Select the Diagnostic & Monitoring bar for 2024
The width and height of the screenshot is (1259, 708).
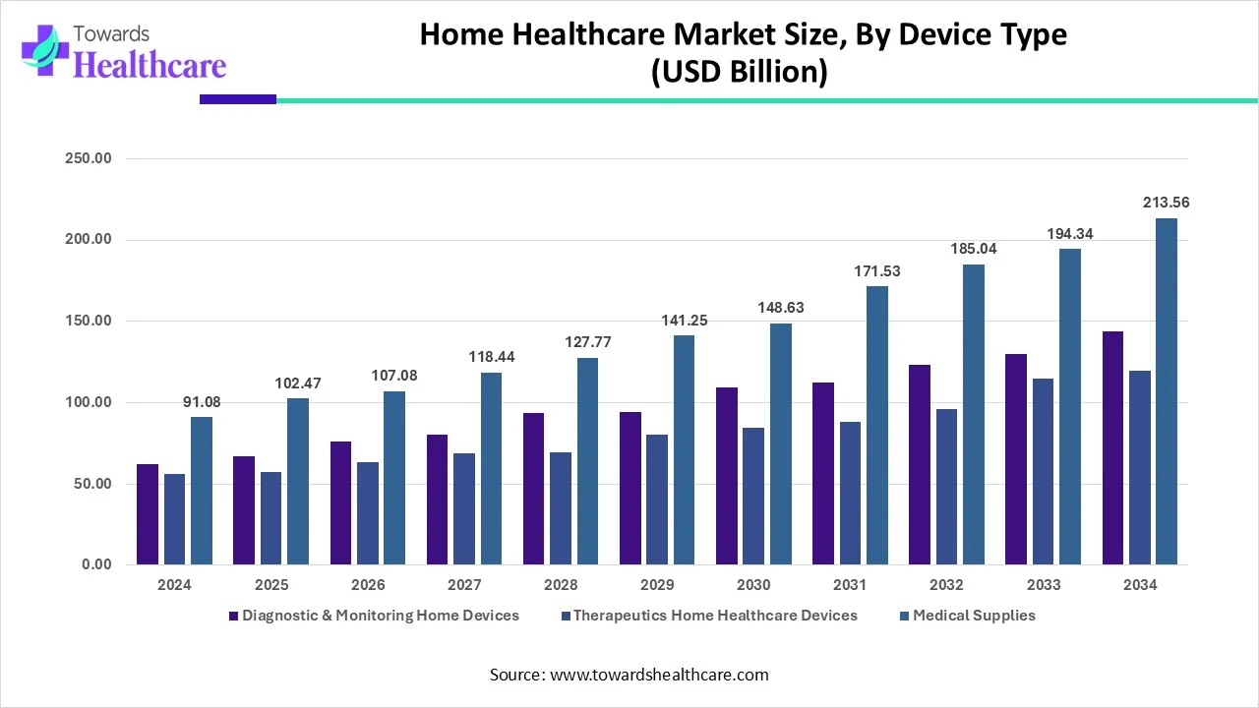click(x=148, y=514)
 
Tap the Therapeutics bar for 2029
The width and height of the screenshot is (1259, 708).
click(x=657, y=500)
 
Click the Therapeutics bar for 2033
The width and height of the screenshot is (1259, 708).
click(x=1043, y=471)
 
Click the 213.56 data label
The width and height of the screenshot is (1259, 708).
click(x=1166, y=203)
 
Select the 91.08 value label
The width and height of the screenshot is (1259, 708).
click(x=202, y=401)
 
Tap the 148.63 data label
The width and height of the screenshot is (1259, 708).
click(x=780, y=308)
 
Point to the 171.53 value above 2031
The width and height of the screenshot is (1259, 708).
click(x=876, y=270)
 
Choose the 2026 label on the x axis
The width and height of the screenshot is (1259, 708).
click(x=367, y=585)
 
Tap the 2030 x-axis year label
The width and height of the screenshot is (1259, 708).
click(x=752, y=585)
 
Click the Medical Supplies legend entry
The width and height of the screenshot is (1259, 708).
click(x=973, y=616)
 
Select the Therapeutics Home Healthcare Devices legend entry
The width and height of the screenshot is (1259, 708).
click(x=715, y=616)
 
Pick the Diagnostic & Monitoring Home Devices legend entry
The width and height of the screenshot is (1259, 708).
click(x=380, y=616)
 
